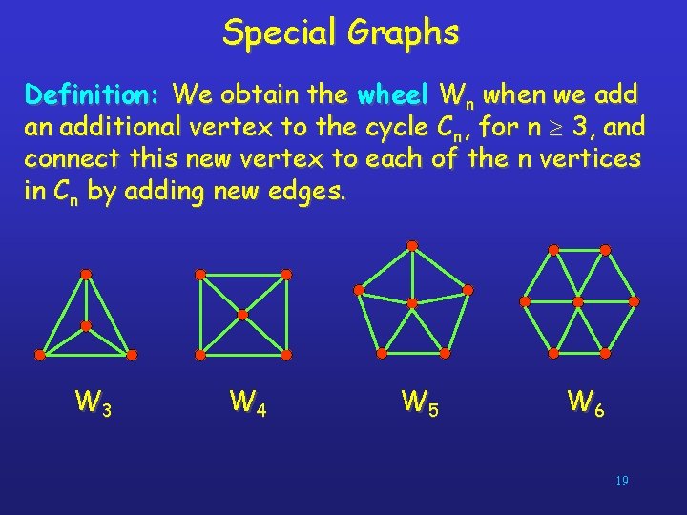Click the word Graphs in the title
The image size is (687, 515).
(x=403, y=32)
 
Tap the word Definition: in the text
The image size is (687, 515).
(x=93, y=95)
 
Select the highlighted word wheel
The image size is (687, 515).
(x=392, y=95)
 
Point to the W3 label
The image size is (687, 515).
(x=94, y=402)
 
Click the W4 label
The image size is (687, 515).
(x=247, y=402)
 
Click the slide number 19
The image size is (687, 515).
(x=621, y=482)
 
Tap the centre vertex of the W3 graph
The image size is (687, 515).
(x=86, y=326)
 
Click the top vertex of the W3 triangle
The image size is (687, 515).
(x=86, y=275)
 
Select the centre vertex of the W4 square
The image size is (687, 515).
(x=242, y=314)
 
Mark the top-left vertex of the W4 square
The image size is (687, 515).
(x=199, y=275)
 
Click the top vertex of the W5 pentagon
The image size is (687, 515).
(x=412, y=245)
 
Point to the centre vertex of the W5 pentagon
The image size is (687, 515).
(x=412, y=303)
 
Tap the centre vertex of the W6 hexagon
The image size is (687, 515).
(x=578, y=301)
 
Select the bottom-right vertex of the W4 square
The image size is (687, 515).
(x=286, y=354)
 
